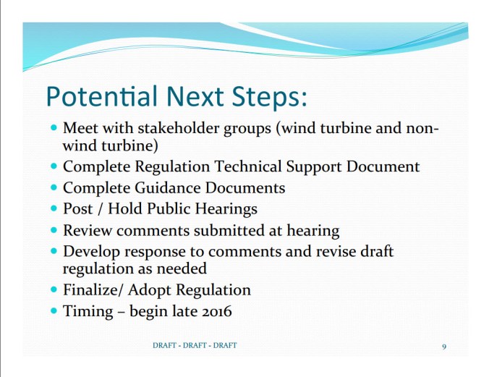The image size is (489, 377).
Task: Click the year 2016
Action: (x=216, y=311)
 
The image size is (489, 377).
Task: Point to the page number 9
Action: (x=444, y=347)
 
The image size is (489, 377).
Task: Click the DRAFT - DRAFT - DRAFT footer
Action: (x=195, y=346)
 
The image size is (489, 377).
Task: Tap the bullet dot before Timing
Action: (x=54, y=311)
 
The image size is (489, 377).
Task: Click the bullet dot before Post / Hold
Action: (x=54, y=209)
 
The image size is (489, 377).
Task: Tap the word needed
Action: (x=185, y=268)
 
